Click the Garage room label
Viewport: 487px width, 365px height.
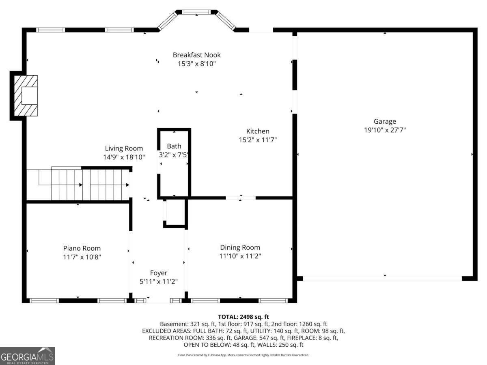pyautogui.click(x=385, y=121)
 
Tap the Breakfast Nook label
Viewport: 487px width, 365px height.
pyautogui.click(x=197, y=55)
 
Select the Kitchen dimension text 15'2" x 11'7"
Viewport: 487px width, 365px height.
pyautogui.click(x=258, y=140)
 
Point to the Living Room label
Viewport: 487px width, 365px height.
pyautogui.click(x=124, y=148)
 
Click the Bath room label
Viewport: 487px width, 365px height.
pyautogui.click(x=174, y=146)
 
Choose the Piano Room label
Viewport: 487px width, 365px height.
pyautogui.click(x=82, y=248)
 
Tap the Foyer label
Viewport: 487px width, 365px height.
pyautogui.click(x=158, y=273)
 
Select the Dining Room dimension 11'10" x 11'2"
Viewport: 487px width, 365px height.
pyautogui.click(x=240, y=256)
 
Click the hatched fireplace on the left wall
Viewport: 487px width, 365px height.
pyautogui.click(x=25, y=96)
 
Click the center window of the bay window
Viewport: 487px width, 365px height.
pyautogui.click(x=197, y=12)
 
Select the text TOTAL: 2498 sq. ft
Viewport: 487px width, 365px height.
pyautogui.click(x=243, y=317)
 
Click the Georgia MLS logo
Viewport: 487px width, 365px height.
pyautogui.click(x=27, y=356)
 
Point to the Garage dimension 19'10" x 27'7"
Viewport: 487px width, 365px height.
pyautogui.click(x=385, y=130)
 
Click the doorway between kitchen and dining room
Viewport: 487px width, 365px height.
pyautogui.click(x=241, y=198)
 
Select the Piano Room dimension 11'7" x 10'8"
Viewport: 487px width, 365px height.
pyautogui.click(x=82, y=257)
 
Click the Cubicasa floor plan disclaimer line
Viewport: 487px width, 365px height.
pyautogui.click(x=243, y=355)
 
